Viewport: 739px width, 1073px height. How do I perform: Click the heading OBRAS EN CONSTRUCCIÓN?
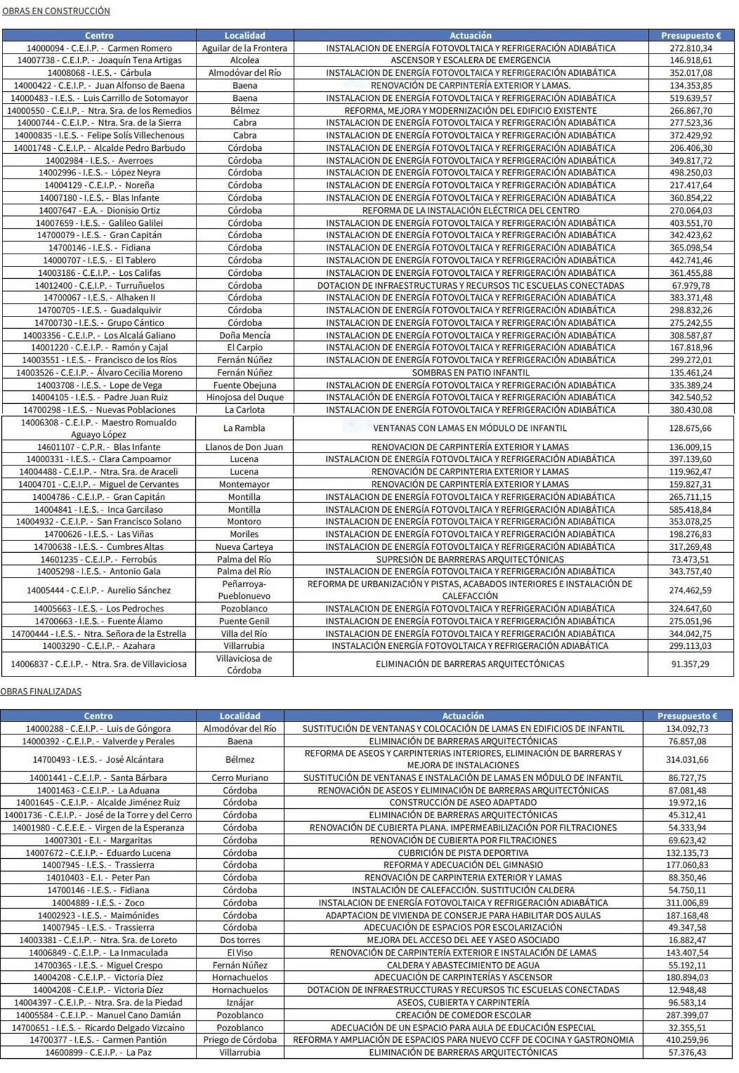pyautogui.click(x=56, y=11)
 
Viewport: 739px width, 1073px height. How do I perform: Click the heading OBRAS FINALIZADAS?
pyautogui.click(x=41, y=691)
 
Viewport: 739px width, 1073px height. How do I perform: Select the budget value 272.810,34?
pyautogui.click(x=691, y=48)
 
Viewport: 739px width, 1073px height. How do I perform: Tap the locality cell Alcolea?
pyautogui.click(x=244, y=60)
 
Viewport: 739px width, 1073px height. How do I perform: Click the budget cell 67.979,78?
pyautogui.click(x=691, y=286)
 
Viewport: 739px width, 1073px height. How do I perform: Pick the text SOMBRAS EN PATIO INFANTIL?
pyautogui.click(x=470, y=372)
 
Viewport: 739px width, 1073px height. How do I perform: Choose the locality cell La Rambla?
pyautogui.click(x=244, y=428)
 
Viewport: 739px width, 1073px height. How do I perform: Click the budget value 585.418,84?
pyautogui.click(x=691, y=509)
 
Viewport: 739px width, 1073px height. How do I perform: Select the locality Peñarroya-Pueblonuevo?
pyautogui.click(x=244, y=590)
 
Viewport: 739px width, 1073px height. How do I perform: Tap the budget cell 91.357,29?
pyautogui.click(x=691, y=664)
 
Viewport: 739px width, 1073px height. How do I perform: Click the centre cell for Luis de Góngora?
pyautogui.click(x=99, y=728)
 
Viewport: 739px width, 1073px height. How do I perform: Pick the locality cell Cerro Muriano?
pyautogui.click(x=240, y=778)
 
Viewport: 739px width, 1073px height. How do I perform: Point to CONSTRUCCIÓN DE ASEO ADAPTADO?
pyautogui.click(x=463, y=802)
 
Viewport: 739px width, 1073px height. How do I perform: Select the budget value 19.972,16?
pyautogui.click(x=687, y=802)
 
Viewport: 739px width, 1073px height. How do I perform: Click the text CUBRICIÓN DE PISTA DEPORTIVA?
pyautogui.click(x=463, y=853)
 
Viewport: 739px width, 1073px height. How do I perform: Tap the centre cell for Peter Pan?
pyautogui.click(x=99, y=877)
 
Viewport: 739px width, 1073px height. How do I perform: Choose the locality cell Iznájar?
pyautogui.click(x=240, y=1002)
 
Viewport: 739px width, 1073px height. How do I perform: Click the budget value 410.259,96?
pyautogui.click(x=687, y=1040)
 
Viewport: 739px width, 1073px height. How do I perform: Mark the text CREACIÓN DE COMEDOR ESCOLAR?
pyautogui.click(x=463, y=1015)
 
